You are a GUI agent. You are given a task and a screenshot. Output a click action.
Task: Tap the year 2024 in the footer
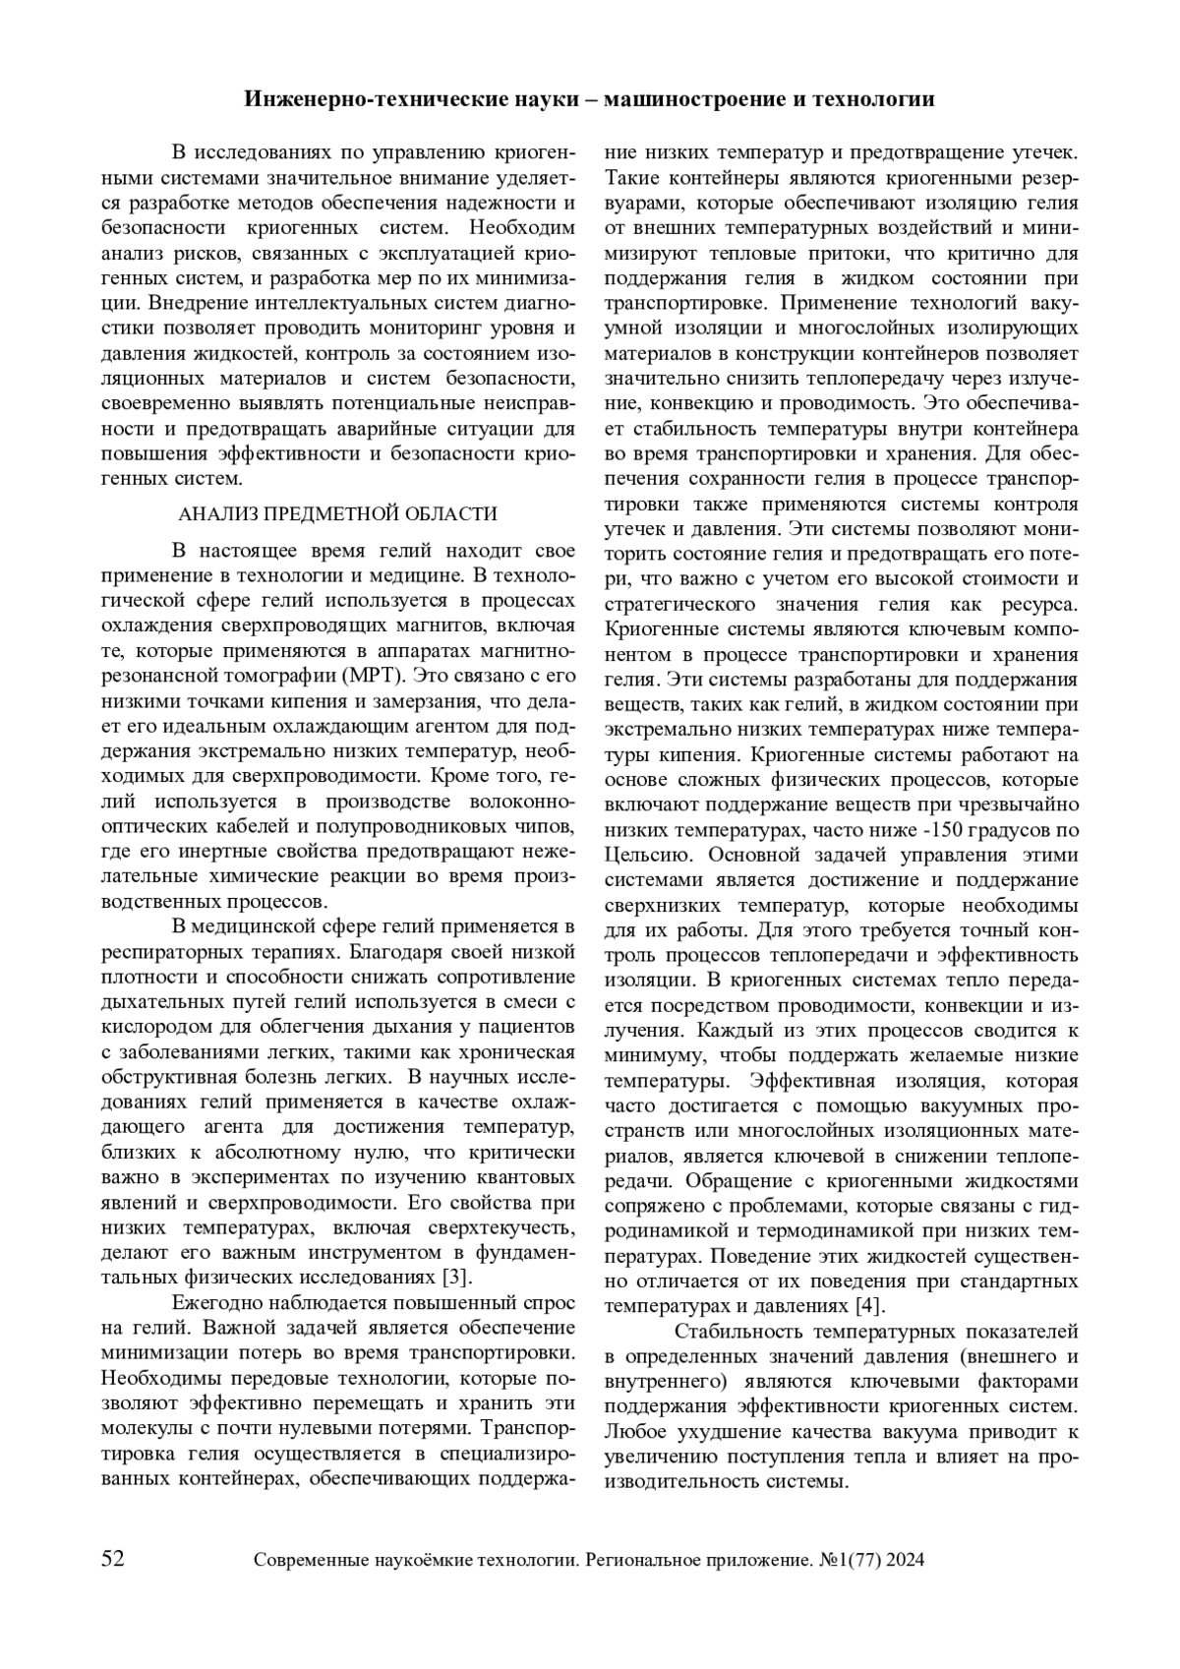click(904, 1561)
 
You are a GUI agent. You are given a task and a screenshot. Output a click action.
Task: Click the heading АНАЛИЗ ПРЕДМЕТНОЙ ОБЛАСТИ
click(337, 513)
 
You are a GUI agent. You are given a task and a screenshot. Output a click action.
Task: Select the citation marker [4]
click(867, 1307)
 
